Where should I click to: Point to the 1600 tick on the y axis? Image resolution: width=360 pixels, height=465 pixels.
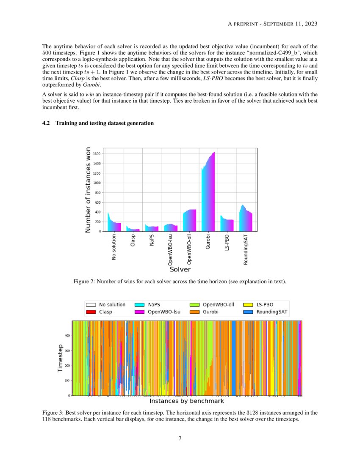(97, 154)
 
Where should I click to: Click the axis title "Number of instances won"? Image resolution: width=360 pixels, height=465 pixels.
(88, 190)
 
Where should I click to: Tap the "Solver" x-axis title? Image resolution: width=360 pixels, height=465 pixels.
(180, 269)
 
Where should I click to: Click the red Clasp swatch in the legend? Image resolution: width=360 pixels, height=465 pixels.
(91, 312)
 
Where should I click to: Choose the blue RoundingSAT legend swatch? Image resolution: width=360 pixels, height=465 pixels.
(248, 312)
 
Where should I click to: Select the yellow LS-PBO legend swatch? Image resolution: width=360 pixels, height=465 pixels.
(248, 304)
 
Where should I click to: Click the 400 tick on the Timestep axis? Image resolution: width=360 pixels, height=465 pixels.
(66, 336)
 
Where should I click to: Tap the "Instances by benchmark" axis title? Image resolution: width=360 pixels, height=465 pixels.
(187, 401)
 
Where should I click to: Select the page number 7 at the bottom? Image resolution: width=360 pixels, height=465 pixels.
(180, 438)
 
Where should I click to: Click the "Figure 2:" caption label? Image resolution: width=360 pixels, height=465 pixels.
(84, 281)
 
